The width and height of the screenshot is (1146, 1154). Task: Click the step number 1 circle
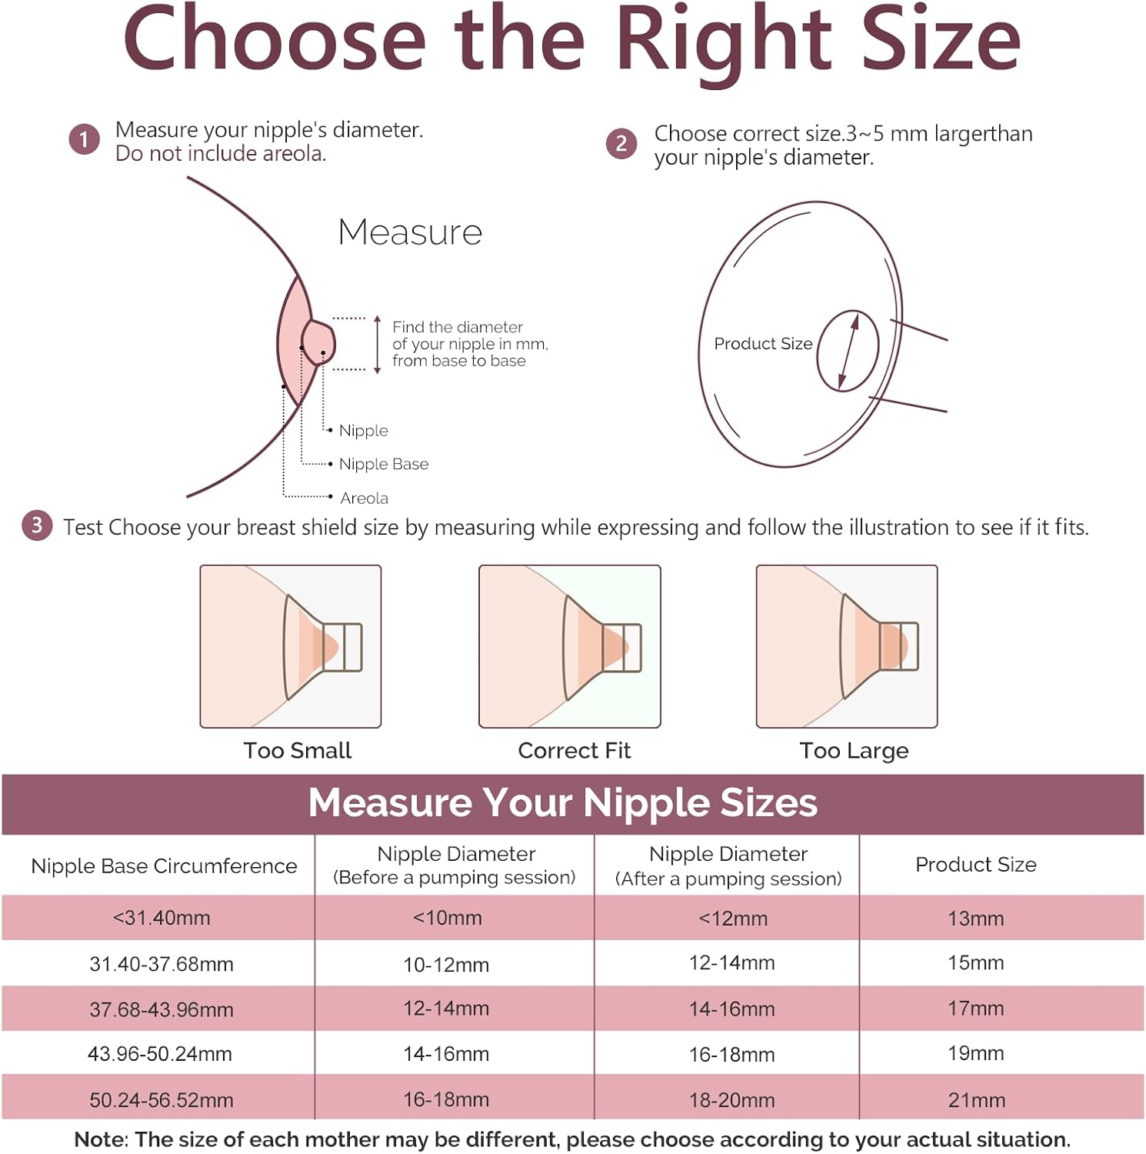pyautogui.click(x=84, y=139)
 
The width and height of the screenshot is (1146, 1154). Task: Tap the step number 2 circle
pyautogui.click(x=621, y=143)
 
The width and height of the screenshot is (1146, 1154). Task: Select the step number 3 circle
pyautogui.click(x=37, y=525)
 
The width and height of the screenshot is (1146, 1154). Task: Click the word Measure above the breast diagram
pyautogui.click(x=410, y=232)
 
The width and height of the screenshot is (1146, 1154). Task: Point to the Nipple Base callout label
pyautogui.click(x=384, y=464)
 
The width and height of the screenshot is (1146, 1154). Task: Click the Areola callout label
pyautogui.click(x=364, y=498)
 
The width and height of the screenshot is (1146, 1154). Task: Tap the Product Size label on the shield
pyautogui.click(x=763, y=343)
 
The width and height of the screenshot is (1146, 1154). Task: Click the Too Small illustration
pyautogui.click(x=291, y=646)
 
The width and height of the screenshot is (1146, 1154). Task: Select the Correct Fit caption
pyautogui.click(x=574, y=750)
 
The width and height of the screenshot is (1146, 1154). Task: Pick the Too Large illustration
pyautogui.click(x=847, y=646)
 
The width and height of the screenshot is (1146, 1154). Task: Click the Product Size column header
pyautogui.click(x=975, y=865)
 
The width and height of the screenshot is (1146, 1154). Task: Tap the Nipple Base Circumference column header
pyautogui.click(x=164, y=866)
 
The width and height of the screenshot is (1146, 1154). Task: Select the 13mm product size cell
pyautogui.click(x=976, y=919)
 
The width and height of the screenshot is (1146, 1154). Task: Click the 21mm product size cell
pyautogui.click(x=977, y=1100)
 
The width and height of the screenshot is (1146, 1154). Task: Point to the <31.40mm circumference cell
pyautogui.click(x=162, y=918)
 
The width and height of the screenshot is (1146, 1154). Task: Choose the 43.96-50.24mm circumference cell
pyautogui.click(x=160, y=1054)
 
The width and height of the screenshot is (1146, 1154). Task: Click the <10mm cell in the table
pyautogui.click(x=447, y=918)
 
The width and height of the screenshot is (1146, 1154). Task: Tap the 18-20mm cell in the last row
pyautogui.click(x=731, y=1100)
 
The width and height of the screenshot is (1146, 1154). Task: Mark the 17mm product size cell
pyautogui.click(x=976, y=1009)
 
